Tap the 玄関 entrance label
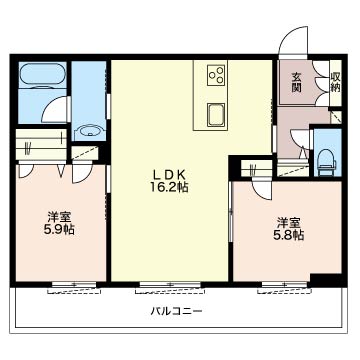click(298, 83)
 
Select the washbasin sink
click(91, 130)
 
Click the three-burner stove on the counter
click(217, 76)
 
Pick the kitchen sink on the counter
click(217, 110)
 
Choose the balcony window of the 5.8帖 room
click(285, 283)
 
